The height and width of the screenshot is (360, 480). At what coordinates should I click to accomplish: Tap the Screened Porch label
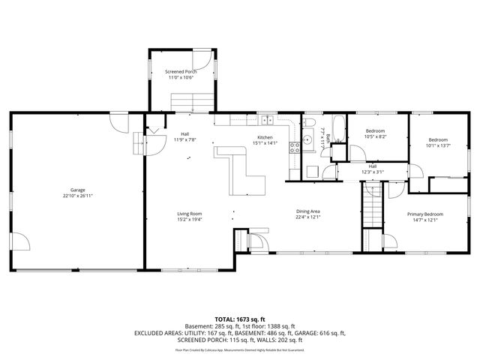(x=180, y=72)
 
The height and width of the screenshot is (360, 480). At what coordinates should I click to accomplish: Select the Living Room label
(x=190, y=214)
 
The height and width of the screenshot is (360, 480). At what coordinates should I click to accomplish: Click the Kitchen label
(x=265, y=137)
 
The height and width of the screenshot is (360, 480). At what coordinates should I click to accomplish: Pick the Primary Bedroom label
(x=425, y=214)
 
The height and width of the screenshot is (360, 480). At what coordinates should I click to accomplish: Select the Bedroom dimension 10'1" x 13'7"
(x=438, y=145)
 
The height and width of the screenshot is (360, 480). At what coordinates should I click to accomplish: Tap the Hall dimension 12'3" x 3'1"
(x=373, y=172)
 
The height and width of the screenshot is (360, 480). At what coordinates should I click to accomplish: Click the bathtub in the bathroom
(x=336, y=128)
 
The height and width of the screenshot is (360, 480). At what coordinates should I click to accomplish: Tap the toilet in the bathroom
(x=310, y=123)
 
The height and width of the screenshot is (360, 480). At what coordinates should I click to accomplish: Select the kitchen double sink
(x=267, y=120)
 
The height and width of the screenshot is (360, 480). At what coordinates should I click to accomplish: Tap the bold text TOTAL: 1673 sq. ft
(x=240, y=319)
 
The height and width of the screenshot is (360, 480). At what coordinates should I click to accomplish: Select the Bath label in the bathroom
(x=328, y=149)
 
